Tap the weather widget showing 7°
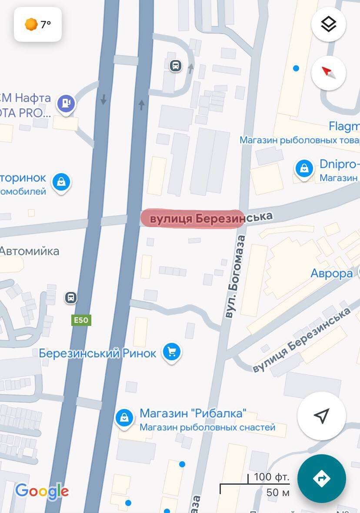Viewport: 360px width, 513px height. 38,25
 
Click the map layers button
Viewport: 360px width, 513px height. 328,24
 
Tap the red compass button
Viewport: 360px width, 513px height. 328,73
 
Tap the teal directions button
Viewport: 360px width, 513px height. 321,478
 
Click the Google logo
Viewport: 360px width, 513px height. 42,491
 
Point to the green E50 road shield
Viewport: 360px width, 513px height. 81,320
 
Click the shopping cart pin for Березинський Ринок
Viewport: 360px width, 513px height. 172,352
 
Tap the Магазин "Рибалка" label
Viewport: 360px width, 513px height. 193,413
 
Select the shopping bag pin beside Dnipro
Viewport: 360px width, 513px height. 304,168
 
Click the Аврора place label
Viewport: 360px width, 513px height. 331,273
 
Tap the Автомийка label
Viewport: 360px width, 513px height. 30,251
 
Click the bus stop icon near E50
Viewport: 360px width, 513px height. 70,298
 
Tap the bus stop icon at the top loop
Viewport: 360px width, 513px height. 175,66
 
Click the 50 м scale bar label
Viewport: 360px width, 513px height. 278,493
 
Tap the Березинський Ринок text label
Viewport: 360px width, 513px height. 97,353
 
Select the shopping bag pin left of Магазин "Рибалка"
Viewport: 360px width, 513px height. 124,418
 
